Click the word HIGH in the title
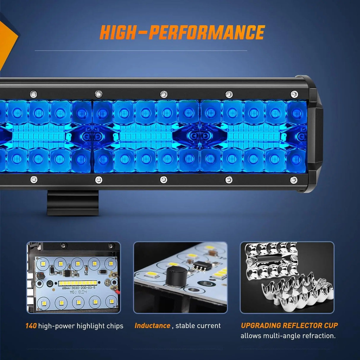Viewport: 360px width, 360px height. coord(118,32)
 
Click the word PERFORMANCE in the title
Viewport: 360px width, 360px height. coord(206,32)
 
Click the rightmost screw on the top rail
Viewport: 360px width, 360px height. coord(294,94)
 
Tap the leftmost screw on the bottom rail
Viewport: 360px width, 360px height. coord(34,179)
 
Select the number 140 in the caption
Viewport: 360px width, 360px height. coord(31,326)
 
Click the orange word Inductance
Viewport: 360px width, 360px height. coord(152,326)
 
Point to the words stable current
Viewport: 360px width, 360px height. coord(198,326)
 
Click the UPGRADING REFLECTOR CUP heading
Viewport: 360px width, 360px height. coord(289,325)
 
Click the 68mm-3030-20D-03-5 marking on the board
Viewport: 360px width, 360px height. coord(79,288)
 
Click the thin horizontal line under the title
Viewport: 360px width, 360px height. coord(141,51)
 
